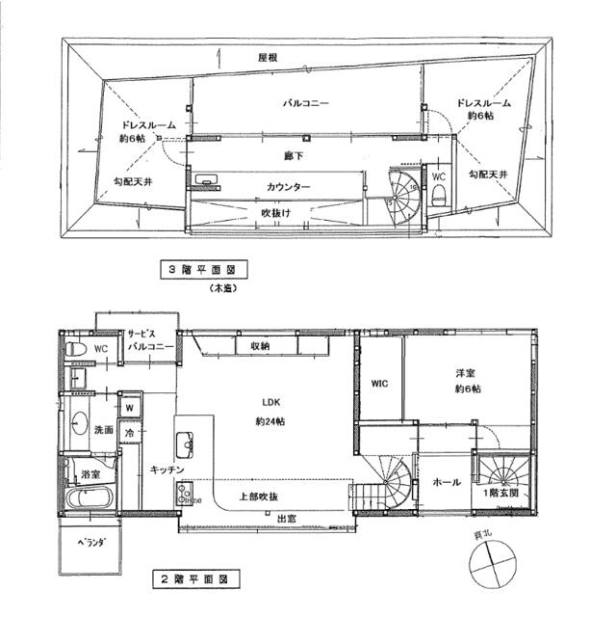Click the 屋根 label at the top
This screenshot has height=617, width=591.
[268, 59]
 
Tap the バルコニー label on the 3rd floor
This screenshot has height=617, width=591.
[306, 102]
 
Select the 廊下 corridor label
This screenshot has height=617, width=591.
[294, 155]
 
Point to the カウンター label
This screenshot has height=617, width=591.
[288, 186]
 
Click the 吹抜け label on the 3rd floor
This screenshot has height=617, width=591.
[276, 212]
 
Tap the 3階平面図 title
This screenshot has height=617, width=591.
[203, 272]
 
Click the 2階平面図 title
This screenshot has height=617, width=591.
[194, 581]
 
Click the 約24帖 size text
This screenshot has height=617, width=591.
[270, 421]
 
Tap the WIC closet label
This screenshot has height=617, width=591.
[378, 384]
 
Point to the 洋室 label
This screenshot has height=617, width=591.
[469, 372]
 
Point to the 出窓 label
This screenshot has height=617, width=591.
[286, 519]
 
